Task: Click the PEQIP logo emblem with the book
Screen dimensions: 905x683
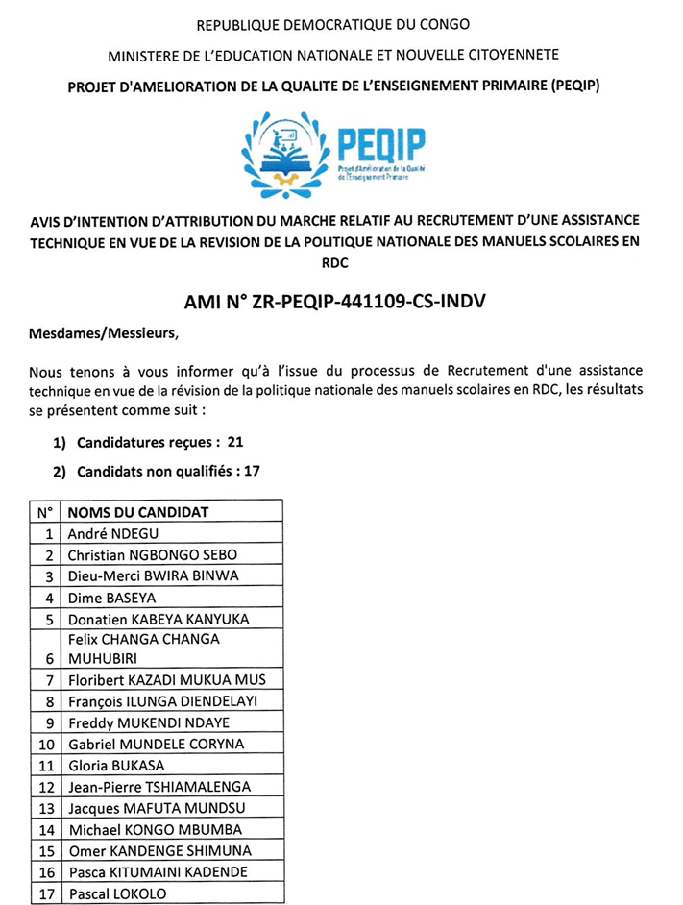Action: (284, 150)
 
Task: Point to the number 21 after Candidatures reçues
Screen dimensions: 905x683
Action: (236, 443)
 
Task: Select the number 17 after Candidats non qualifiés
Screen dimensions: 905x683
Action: (251, 471)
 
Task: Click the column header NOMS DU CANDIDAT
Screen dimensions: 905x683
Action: (138, 512)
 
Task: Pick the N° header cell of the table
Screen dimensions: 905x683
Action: (45, 512)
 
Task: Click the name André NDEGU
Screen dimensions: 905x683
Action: (109, 533)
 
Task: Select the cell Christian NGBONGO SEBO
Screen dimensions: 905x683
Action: (152, 554)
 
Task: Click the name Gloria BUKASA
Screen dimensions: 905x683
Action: (115, 766)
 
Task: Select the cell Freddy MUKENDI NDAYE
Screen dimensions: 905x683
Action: (149, 722)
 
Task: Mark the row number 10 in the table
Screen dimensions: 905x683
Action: (45, 744)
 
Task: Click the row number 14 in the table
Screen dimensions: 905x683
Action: (45, 829)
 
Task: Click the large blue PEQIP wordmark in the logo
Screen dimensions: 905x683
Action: (382, 144)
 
